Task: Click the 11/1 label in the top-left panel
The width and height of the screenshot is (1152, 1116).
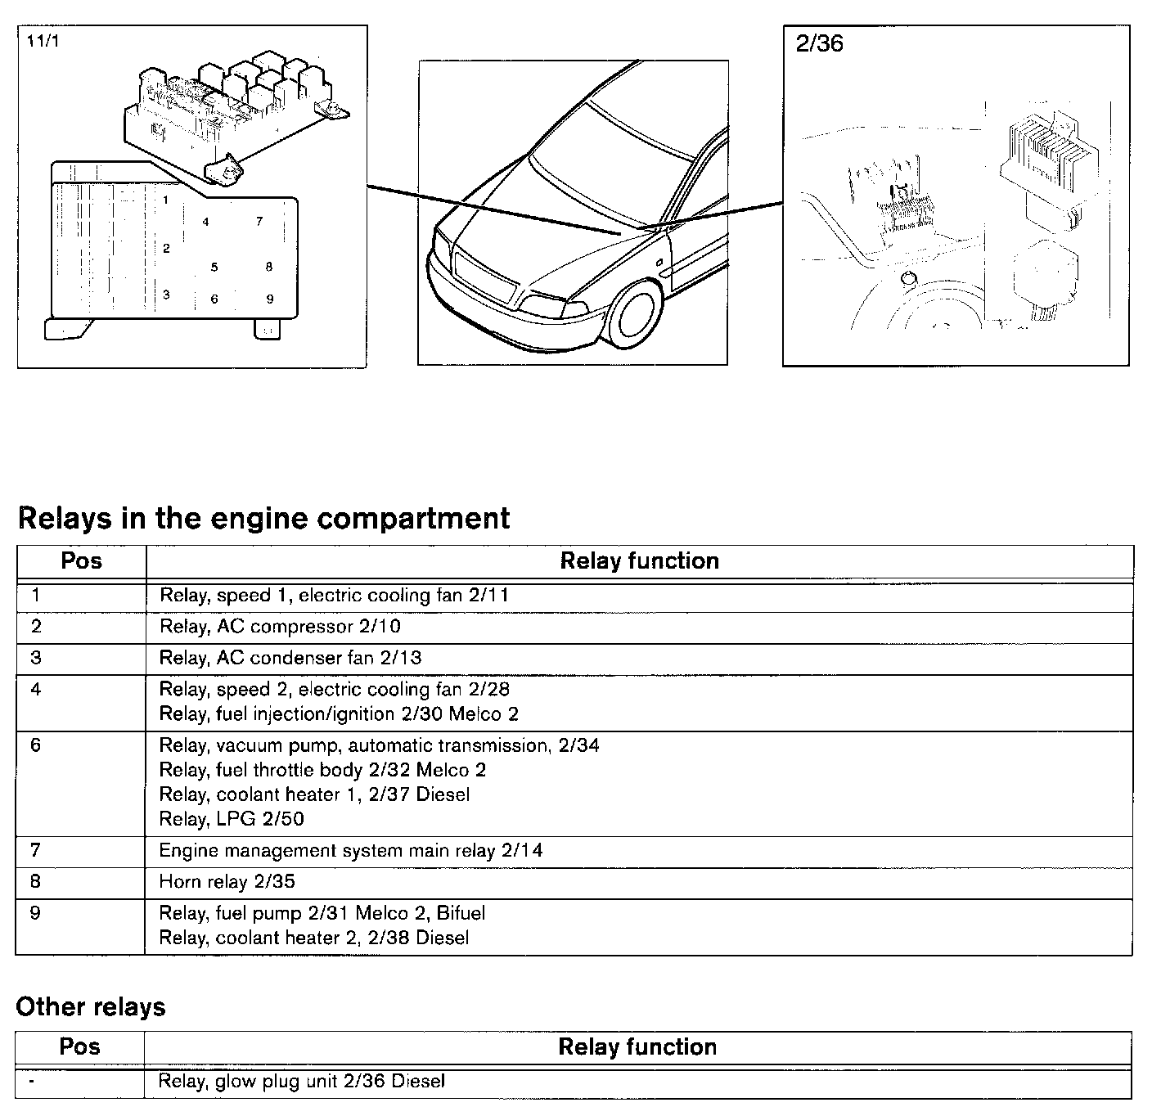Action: pos(43,42)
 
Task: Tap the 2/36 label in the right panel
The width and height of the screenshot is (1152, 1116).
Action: pos(819,43)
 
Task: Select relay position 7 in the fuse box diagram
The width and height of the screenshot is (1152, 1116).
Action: pos(259,221)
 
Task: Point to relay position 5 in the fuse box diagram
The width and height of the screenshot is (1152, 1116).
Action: pos(214,267)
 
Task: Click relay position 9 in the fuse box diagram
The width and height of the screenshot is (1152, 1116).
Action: pos(270,299)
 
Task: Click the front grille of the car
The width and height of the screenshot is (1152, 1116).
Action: pos(484,278)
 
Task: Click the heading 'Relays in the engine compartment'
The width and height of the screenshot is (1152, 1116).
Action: pos(263,518)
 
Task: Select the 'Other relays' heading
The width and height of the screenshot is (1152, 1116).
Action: pos(90,1006)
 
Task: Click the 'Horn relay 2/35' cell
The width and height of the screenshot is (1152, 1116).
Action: pos(227,882)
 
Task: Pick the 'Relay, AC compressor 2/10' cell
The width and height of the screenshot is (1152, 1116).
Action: pos(280,627)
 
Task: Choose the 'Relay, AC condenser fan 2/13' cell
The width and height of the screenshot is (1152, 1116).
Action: pos(290,658)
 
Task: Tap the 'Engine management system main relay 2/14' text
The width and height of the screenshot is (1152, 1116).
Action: pos(350,851)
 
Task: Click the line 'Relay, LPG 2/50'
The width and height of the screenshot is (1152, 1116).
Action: pos(232,819)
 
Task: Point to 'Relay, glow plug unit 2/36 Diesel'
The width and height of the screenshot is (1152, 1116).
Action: pos(302,1082)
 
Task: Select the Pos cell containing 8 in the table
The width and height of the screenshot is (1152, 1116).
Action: pos(35,882)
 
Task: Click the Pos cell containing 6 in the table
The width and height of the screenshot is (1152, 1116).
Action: pos(35,745)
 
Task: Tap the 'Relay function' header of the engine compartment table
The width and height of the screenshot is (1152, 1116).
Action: pos(639,560)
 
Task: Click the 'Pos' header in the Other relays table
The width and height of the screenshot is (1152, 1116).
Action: pos(79,1046)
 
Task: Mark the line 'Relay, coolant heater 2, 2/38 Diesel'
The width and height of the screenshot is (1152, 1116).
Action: pos(314,938)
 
